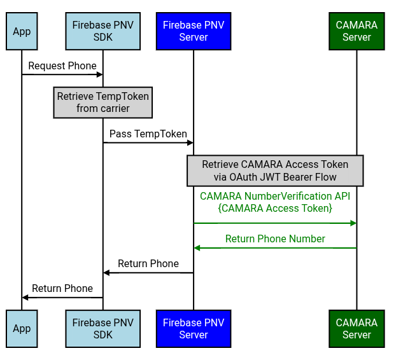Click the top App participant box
(x=22, y=31)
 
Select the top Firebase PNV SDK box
(x=103, y=31)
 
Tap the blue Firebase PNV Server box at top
(x=194, y=31)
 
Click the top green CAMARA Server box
(x=357, y=31)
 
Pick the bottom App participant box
(x=22, y=329)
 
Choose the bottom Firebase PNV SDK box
(x=103, y=329)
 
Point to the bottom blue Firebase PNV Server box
(x=194, y=329)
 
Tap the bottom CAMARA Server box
(x=357, y=329)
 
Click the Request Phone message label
(x=62, y=66)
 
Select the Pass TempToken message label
(x=148, y=134)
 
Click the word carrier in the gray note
(x=113, y=109)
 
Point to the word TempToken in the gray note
(x=122, y=97)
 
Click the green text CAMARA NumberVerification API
(x=275, y=196)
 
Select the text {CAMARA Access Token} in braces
(x=275, y=208)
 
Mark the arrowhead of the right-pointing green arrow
(x=353, y=223)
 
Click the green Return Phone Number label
(x=275, y=239)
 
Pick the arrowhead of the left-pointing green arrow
(x=197, y=248)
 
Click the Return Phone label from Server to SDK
(x=148, y=264)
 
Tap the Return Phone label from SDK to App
(x=62, y=289)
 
